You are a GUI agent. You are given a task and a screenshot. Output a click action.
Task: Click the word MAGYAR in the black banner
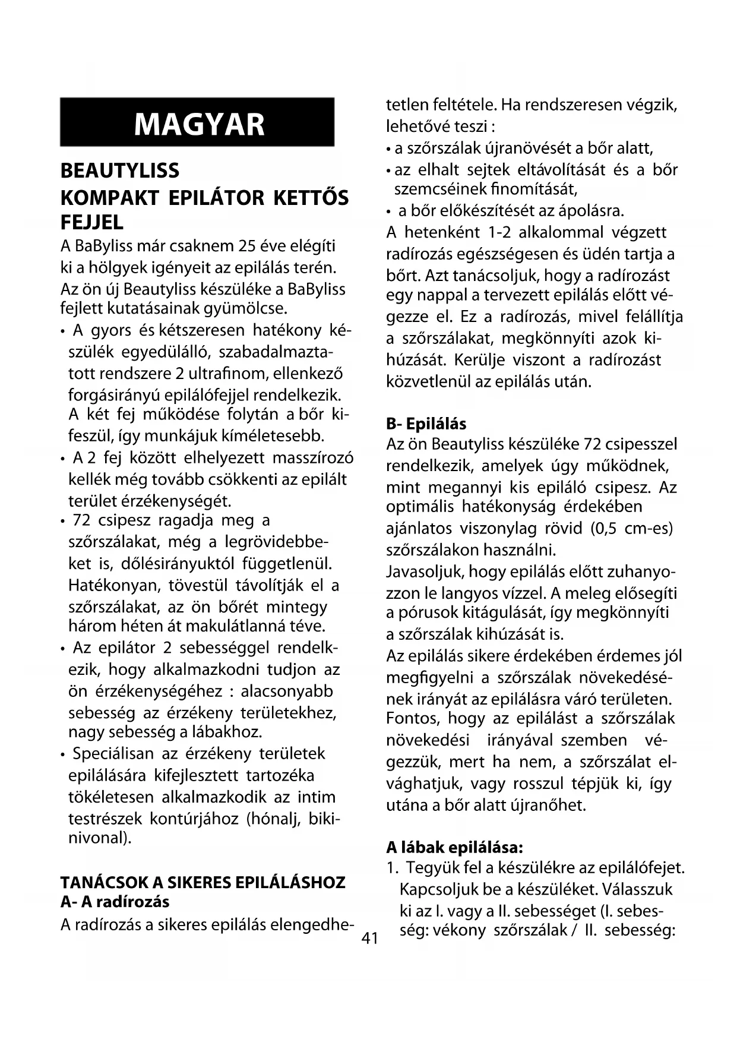[x=199, y=124]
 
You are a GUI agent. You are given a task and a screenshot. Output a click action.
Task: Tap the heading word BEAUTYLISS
[x=119, y=171]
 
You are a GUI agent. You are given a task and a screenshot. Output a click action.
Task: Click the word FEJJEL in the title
[x=92, y=223]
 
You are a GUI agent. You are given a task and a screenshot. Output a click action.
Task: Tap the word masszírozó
[x=312, y=459]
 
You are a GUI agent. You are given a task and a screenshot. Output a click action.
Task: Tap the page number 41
[x=369, y=939]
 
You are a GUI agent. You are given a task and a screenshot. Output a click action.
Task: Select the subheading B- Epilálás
[x=426, y=424]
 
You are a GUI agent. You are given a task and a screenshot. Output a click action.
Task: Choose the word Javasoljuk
[x=425, y=571]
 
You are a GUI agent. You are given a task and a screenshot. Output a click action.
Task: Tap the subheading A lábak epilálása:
[x=454, y=847]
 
